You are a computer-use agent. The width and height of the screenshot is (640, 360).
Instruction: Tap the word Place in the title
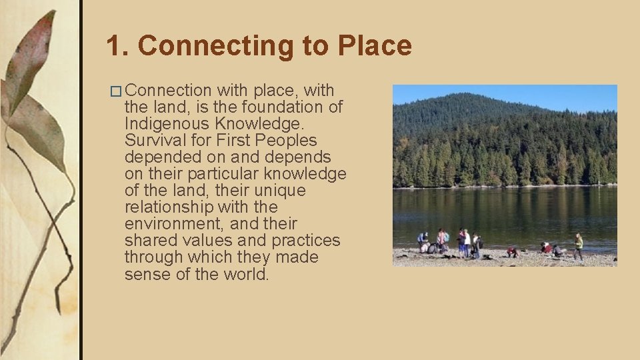[375, 46]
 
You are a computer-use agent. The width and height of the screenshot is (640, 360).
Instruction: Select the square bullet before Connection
[118, 91]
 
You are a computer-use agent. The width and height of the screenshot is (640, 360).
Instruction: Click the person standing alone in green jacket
[579, 245]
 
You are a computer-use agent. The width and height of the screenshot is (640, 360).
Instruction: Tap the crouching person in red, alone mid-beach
[512, 251]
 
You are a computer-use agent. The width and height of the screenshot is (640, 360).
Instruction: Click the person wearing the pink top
[441, 239]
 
